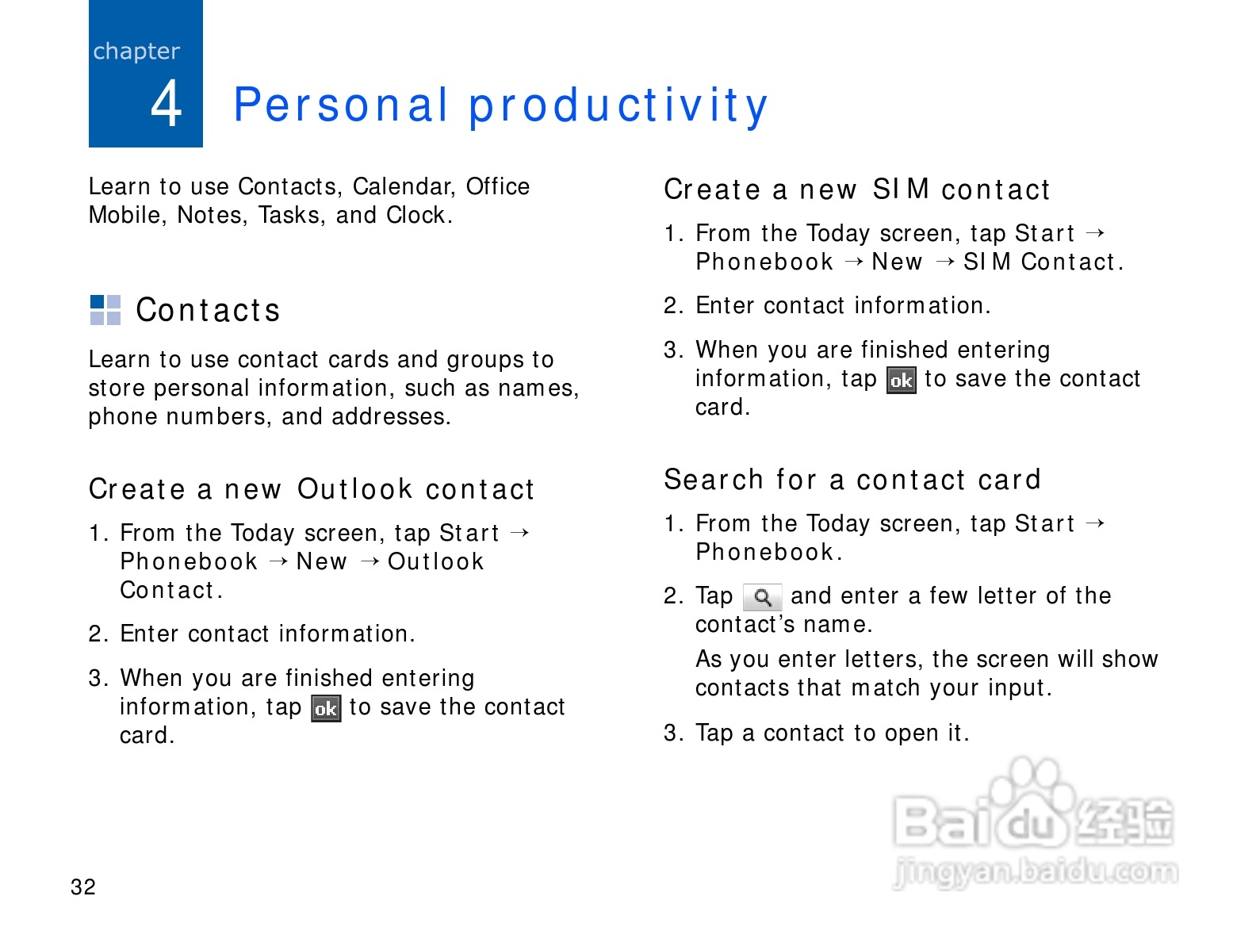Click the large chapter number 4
pyautogui.click(x=166, y=103)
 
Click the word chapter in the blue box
pyautogui.click(x=136, y=52)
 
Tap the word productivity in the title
pyautogui.click(x=618, y=105)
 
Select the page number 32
pyautogui.click(x=83, y=886)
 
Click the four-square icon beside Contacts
pyautogui.click(x=105, y=310)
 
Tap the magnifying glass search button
pyautogui.click(x=762, y=597)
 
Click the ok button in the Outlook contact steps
pyautogui.click(x=326, y=709)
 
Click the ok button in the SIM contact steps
pyautogui.click(x=902, y=381)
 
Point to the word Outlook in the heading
pyautogui.click(x=354, y=489)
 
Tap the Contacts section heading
pyautogui.click(x=208, y=311)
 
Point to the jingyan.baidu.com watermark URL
pyautogui.click(x=1036, y=873)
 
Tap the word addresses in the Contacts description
pyautogui.click(x=392, y=416)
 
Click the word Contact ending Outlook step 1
pyautogui.click(x=170, y=590)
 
